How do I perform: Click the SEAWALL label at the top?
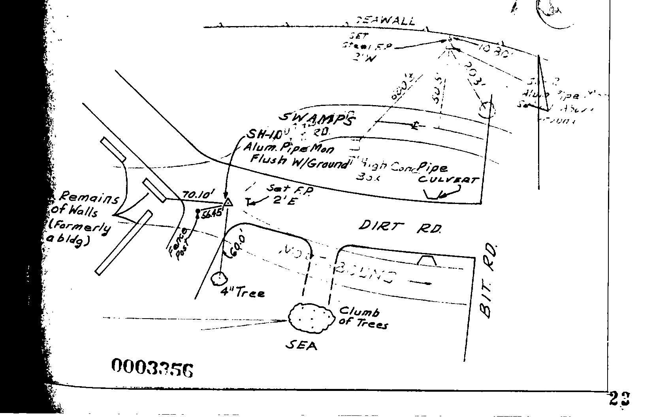click(x=386, y=21)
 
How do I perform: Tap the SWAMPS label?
click(x=316, y=117)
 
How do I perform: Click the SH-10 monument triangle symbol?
click(x=228, y=203)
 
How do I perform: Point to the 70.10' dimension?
click(x=198, y=194)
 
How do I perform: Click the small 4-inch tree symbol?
click(x=218, y=279)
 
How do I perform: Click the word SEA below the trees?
click(x=301, y=346)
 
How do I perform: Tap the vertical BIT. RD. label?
click(x=489, y=281)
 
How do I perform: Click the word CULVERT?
click(x=448, y=180)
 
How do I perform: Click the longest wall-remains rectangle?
click(x=124, y=243)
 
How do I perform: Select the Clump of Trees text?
click(x=363, y=317)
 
